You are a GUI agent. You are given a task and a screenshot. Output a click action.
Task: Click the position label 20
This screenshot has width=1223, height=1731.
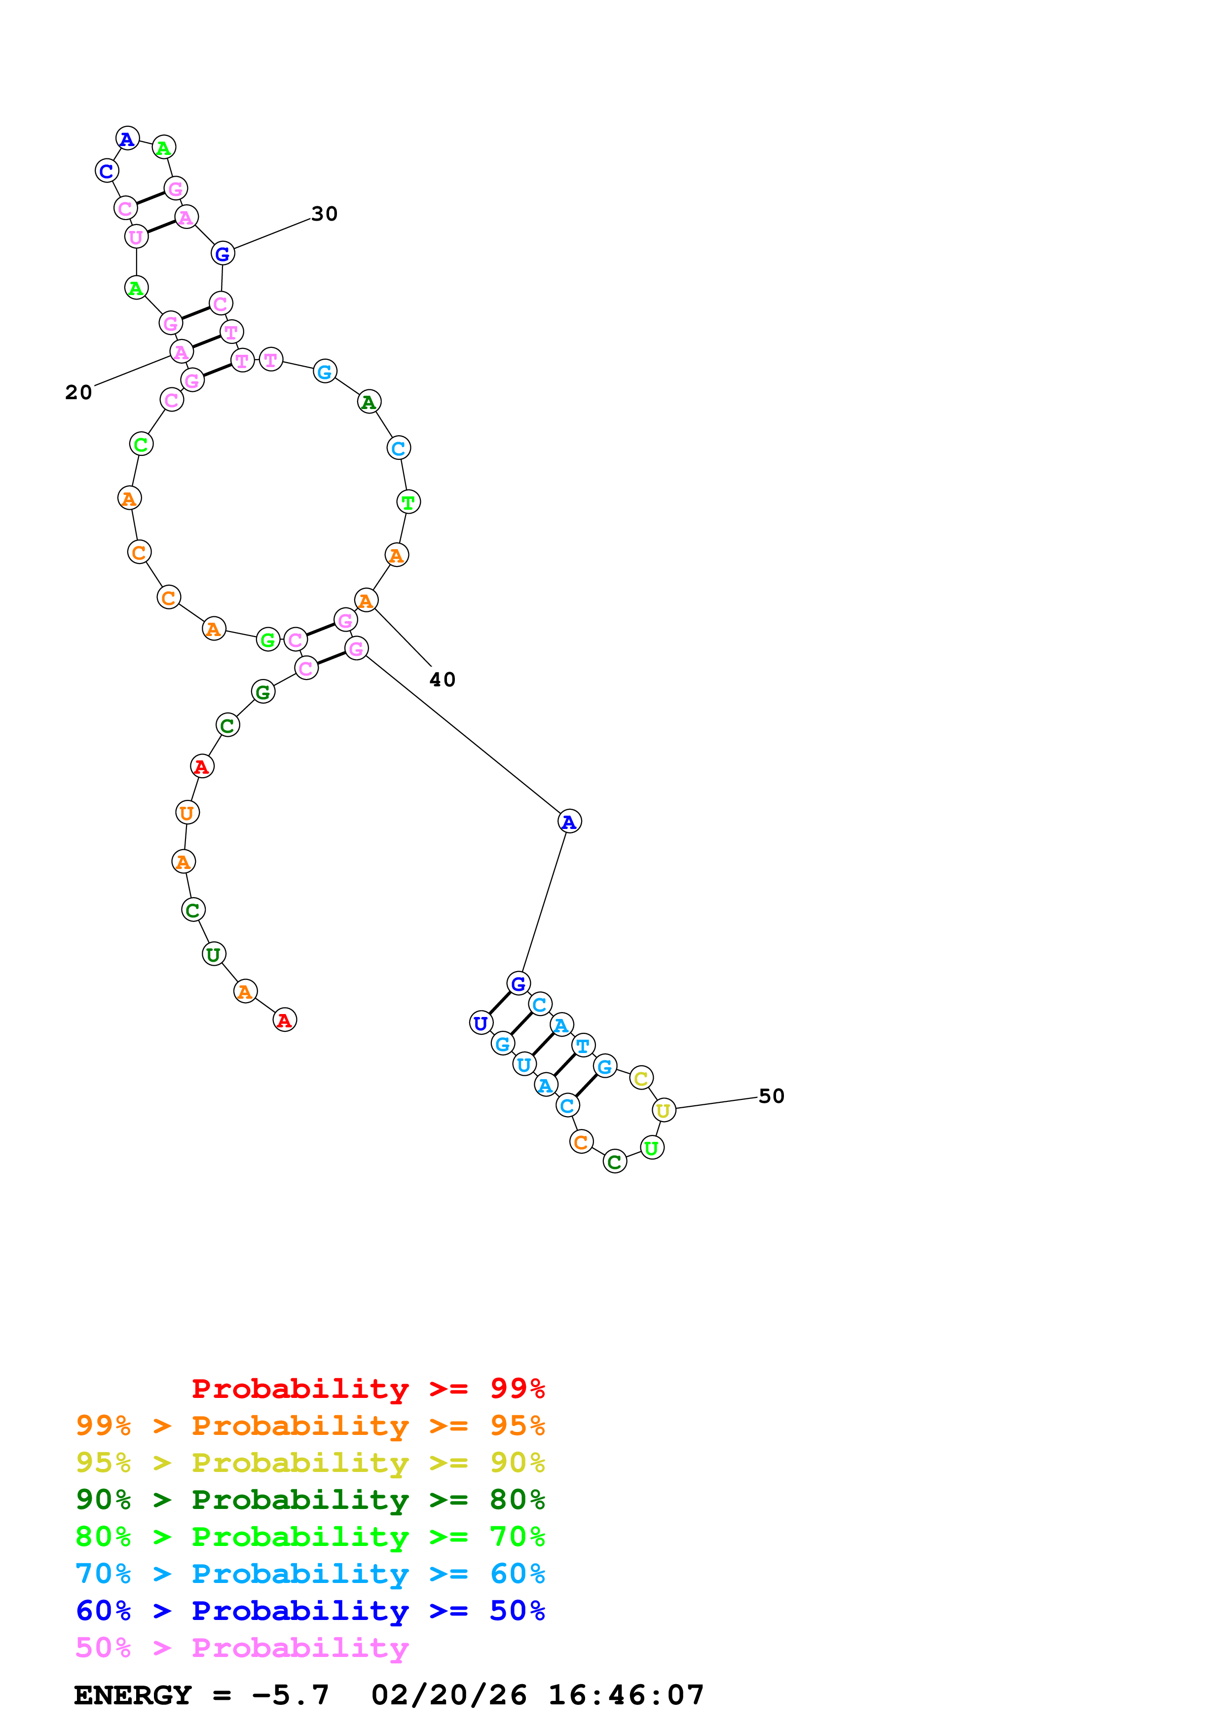[78, 393]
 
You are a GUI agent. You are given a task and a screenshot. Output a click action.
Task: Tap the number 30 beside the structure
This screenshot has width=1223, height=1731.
[325, 214]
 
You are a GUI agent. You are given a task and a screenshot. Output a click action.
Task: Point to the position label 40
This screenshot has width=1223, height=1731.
[443, 680]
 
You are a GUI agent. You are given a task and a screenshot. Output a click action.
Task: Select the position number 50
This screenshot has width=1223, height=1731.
[771, 1096]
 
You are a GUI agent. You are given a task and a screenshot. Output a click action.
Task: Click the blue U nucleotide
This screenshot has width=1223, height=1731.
[481, 1023]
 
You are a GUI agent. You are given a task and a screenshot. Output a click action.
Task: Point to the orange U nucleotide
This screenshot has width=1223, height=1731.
[187, 813]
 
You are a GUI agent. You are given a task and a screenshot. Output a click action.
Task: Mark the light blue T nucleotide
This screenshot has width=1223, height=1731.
[583, 1046]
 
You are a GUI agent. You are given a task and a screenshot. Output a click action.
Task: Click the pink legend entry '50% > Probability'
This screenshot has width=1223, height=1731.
[242, 1648]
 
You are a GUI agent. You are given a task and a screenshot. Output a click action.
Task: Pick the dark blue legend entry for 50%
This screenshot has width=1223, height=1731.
[310, 1611]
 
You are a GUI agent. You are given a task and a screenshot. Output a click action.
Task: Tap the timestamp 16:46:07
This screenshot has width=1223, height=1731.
[626, 1695]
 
